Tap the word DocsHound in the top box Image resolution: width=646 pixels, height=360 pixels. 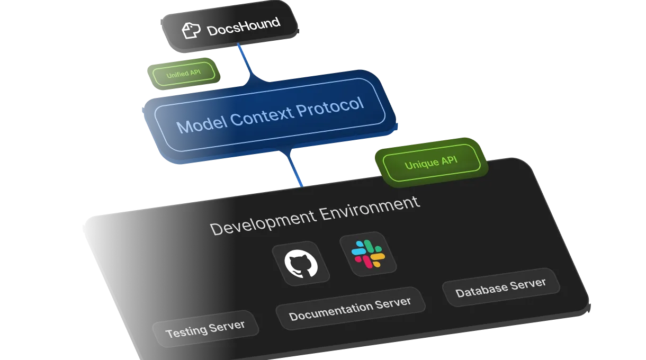click(x=243, y=26)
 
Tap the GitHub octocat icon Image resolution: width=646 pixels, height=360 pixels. click(x=301, y=264)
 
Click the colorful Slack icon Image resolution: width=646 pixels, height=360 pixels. click(x=368, y=254)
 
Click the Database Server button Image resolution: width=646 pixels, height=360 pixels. click(x=500, y=287)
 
